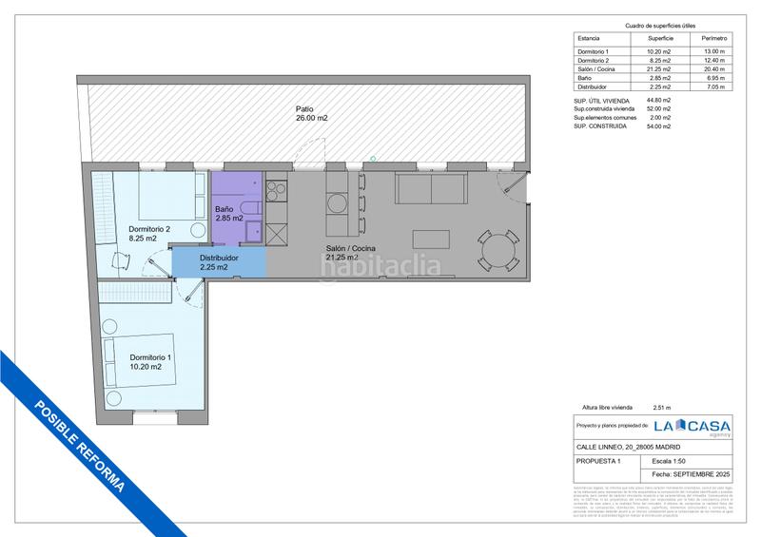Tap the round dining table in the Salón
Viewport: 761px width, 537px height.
pos(498,249)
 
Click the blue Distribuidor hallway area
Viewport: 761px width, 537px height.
pos(218,262)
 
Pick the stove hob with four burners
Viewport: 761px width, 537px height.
pos(277,190)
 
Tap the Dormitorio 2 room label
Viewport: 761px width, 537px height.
pos(149,235)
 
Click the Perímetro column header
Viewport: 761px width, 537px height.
pos(712,38)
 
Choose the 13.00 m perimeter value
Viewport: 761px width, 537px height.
pos(712,50)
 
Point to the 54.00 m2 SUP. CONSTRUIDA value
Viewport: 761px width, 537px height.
pos(658,125)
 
